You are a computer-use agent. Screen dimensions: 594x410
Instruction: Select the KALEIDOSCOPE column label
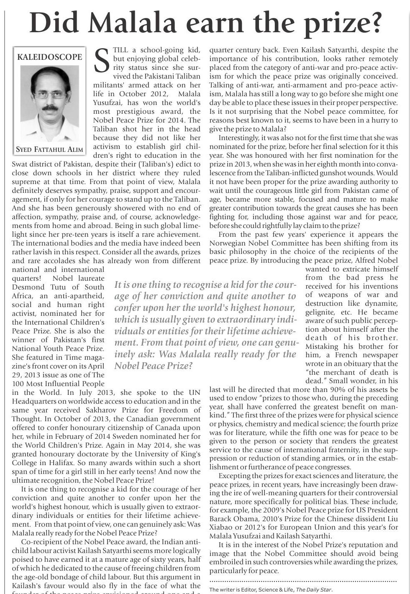[x=49, y=57]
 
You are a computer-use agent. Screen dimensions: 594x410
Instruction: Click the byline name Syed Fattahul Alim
[x=49, y=149]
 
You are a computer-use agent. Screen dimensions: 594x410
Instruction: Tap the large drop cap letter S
[x=102, y=61]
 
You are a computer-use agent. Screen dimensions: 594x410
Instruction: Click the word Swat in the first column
[x=20, y=164]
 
